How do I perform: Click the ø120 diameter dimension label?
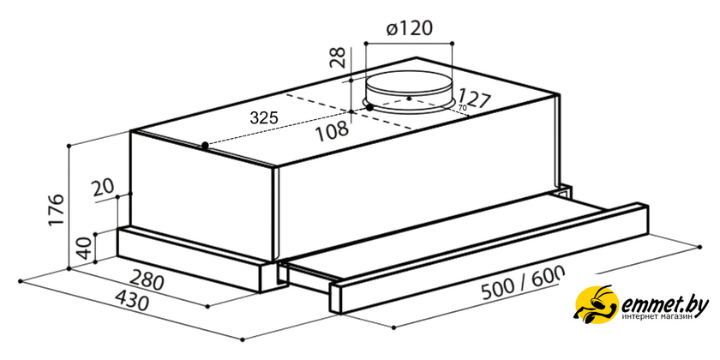tap(409, 28)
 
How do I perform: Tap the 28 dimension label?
tap(339, 57)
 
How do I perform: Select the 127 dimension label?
tap(474, 99)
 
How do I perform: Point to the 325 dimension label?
tap(264, 118)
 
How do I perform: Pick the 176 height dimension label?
tap(57, 209)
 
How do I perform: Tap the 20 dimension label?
tap(103, 188)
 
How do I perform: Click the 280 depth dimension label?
tap(146, 280)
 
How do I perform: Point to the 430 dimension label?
tap(132, 301)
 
